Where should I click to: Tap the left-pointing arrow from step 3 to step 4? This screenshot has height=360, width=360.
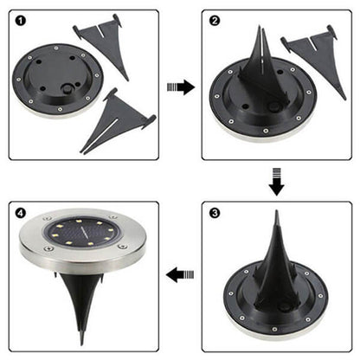180,276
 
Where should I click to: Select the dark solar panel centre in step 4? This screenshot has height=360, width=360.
76,235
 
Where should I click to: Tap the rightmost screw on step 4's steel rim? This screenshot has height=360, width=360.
123,247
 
